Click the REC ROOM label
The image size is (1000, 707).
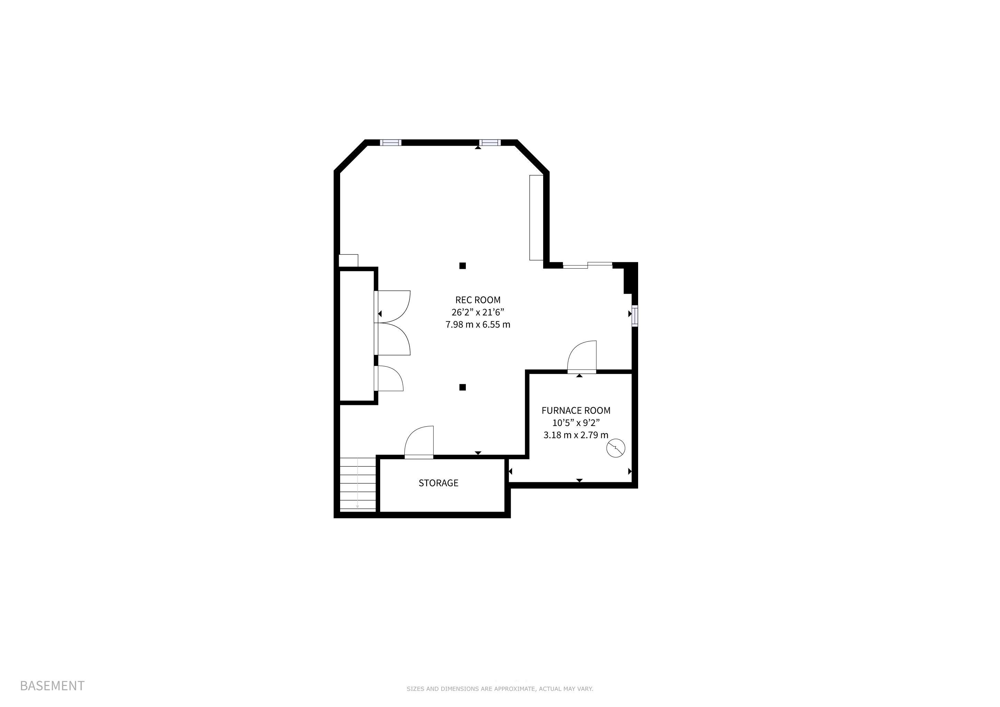[478, 300]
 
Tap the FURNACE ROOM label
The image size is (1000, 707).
[576, 410]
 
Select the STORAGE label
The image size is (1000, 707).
[438, 483]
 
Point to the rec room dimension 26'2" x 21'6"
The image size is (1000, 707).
[478, 312]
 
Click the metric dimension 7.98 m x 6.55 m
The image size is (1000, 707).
[478, 325]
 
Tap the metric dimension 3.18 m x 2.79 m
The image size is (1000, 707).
[576, 435]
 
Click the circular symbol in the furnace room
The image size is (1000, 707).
[616, 448]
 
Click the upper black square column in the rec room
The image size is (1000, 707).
[463, 265]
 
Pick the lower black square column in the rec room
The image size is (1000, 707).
[463, 387]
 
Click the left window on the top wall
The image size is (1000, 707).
[391, 142]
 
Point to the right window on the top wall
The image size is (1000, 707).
[490, 142]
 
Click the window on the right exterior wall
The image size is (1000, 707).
[635, 316]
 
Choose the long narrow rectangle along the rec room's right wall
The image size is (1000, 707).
[536, 218]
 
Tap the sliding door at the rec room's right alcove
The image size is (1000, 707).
[588, 265]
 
